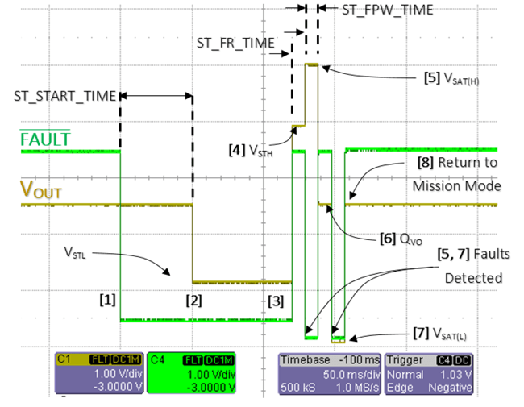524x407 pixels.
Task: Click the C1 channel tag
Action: pyautogui.click(x=63, y=359)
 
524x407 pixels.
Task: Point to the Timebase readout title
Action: pyautogui.click(x=305, y=360)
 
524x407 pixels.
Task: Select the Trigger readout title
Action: pyautogui.click(x=408, y=360)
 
